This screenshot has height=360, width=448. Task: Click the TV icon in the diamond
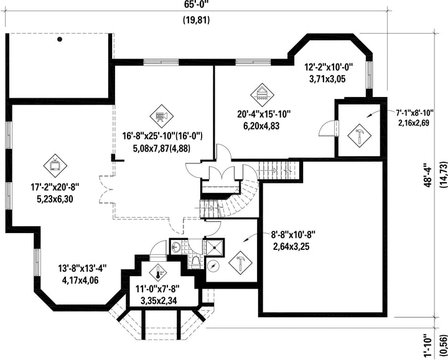pos(55,165)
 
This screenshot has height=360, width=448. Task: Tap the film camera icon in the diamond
pos(161,116)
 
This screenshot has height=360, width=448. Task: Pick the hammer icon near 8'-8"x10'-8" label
pos(241,263)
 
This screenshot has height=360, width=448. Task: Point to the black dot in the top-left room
pos(60,39)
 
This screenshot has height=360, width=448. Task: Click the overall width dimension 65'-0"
pos(197,4)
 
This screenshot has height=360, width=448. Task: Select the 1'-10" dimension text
pos(427,346)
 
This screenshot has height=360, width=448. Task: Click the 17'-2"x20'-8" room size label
pos(55,187)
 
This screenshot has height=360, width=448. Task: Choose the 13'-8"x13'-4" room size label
pos(83,269)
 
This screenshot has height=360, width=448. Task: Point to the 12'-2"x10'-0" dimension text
pos(329,67)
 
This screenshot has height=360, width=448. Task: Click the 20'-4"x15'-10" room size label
pos(264,114)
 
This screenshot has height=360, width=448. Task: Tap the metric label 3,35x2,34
pos(159,300)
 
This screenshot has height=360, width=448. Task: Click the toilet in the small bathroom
pos(196,262)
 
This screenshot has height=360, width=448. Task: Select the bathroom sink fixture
pos(175,246)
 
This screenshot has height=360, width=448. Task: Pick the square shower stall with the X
pos(214,247)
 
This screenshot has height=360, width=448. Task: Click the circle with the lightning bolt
pos(213,266)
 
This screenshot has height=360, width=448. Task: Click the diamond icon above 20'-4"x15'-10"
pos(262,95)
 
